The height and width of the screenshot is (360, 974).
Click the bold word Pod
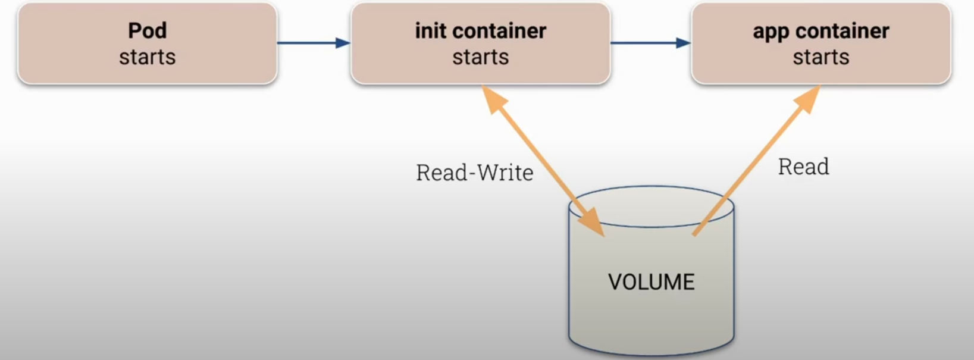[x=147, y=31]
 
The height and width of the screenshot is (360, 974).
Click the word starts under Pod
[x=147, y=57]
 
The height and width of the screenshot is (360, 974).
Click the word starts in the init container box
[x=480, y=57]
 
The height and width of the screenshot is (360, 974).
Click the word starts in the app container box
[x=820, y=57]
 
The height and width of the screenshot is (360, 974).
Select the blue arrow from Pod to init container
[x=314, y=43]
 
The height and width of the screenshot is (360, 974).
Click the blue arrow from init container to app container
[x=650, y=43]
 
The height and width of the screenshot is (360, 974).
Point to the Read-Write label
[x=474, y=173]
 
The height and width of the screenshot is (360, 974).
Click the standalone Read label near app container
[x=803, y=167]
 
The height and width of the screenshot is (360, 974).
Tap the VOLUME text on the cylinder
[x=651, y=282]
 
